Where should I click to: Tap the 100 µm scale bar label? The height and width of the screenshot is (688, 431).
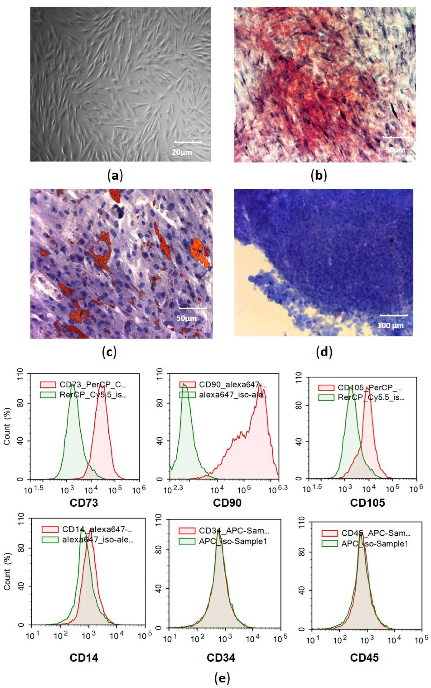coord(390,326)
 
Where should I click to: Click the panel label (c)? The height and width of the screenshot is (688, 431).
coord(109,352)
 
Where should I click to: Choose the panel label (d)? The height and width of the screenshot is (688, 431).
coord(324,352)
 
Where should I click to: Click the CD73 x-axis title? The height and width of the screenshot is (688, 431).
coord(84,502)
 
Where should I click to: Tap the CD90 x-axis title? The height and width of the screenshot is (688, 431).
coord(227,502)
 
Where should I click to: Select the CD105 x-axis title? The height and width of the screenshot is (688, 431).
coord(367,502)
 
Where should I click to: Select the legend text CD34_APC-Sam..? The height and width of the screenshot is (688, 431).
coord(234,531)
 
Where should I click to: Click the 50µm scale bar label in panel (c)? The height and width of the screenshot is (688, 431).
coord(186,318)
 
